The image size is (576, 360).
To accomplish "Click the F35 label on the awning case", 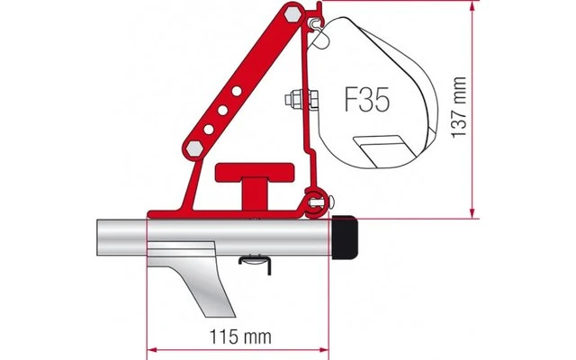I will [366, 100].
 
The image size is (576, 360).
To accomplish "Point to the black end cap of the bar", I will [344, 236].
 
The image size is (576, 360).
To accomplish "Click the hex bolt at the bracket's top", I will [290, 15].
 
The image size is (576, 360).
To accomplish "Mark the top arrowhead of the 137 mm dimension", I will [470, 6].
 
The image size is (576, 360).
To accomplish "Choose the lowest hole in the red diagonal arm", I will [208, 130].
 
